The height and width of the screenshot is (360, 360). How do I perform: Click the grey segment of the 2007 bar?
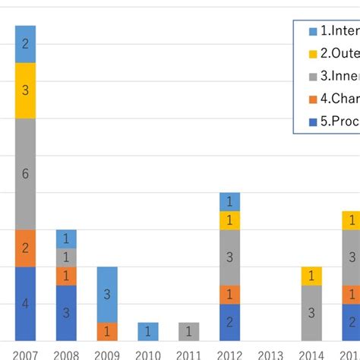click(x=25, y=174)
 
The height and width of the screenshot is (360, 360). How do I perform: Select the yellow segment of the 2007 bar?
click(x=25, y=90)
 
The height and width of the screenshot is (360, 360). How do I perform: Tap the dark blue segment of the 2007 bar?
click(x=25, y=304)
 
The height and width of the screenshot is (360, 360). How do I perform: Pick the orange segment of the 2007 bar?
click(x=25, y=248)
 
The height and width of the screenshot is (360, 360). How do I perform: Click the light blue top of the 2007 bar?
click(x=25, y=44)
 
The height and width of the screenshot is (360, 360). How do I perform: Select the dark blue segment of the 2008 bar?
click(x=66, y=313)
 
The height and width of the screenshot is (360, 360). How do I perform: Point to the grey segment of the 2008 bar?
click(x=66, y=257)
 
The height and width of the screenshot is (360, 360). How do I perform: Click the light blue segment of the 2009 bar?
click(x=107, y=294)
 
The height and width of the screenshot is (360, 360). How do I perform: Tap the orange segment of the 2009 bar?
click(x=107, y=332)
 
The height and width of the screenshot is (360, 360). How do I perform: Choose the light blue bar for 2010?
click(x=148, y=332)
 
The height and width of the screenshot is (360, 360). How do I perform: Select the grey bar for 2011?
click(x=189, y=332)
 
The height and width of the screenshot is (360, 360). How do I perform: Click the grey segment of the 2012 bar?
click(x=229, y=257)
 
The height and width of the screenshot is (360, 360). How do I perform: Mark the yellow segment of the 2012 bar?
click(x=229, y=220)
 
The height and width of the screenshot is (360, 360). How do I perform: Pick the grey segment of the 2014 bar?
click(x=311, y=313)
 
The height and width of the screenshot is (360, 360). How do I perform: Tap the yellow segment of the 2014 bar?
click(x=311, y=276)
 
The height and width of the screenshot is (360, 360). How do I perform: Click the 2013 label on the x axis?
click(x=270, y=353)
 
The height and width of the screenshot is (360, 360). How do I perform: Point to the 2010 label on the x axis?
click(x=148, y=353)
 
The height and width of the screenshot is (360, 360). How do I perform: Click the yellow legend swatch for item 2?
click(x=313, y=54)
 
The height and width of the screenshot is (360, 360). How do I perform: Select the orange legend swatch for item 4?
click(x=313, y=99)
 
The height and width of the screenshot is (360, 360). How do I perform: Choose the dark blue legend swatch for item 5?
click(x=313, y=121)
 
